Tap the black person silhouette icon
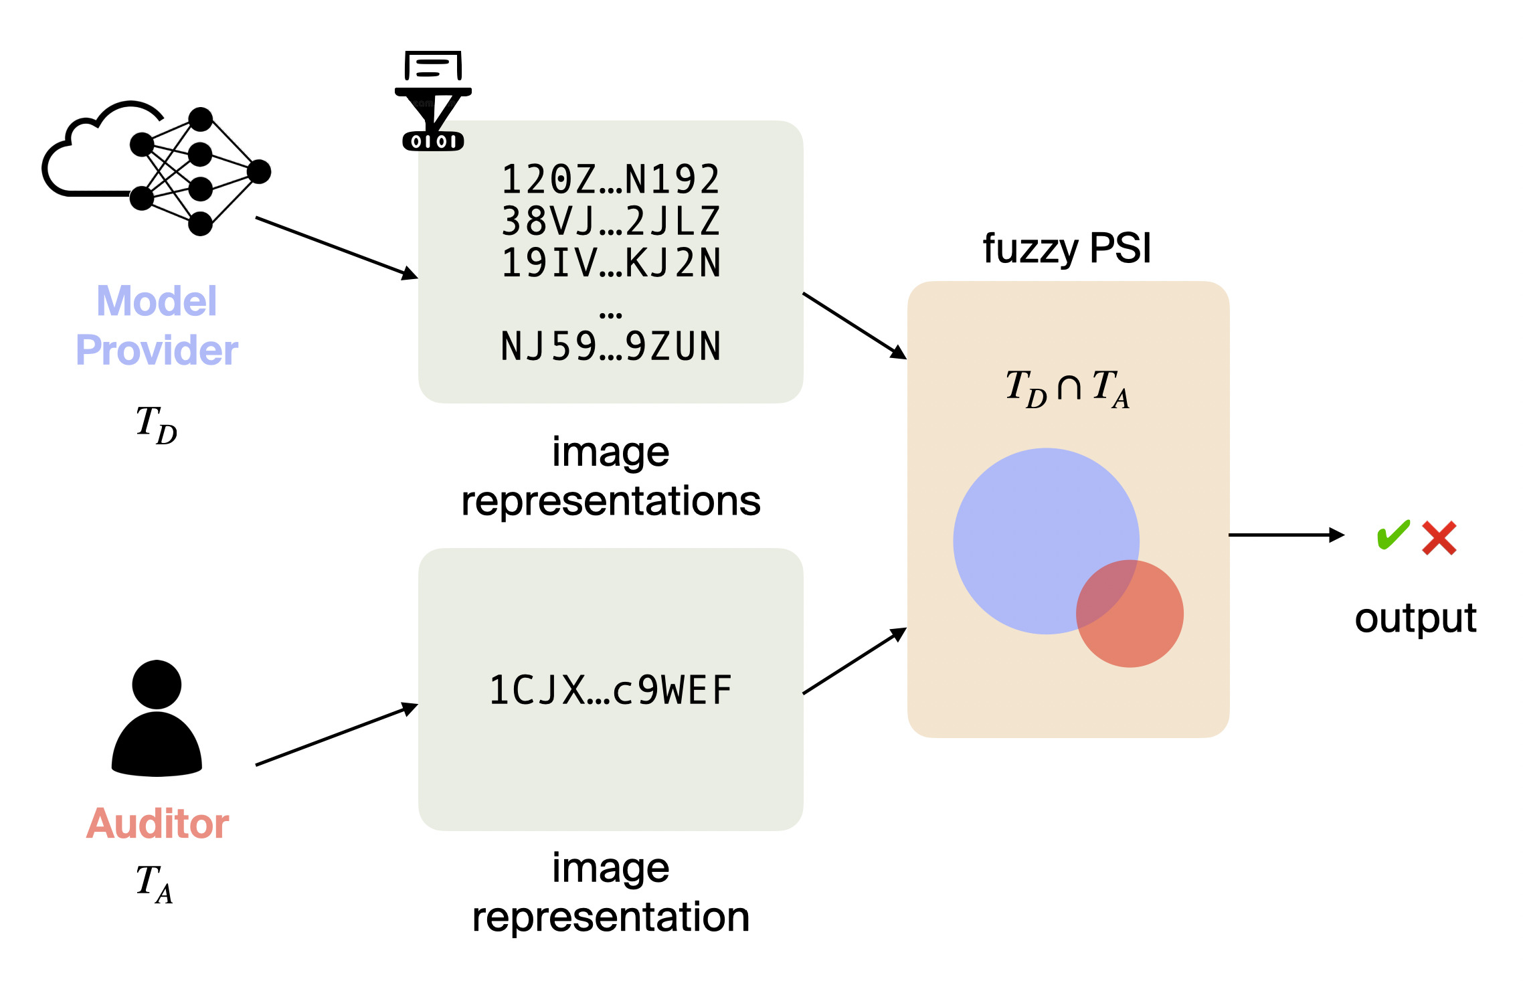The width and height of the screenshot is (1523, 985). [x=157, y=719]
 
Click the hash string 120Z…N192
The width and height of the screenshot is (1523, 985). [x=611, y=179]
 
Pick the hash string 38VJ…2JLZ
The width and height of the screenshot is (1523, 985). [x=611, y=221]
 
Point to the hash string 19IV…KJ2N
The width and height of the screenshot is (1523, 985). [x=611, y=263]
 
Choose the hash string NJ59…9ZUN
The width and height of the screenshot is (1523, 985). [x=611, y=347]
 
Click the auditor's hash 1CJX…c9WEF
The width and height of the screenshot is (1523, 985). [x=611, y=691]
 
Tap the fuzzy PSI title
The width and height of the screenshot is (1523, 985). [x=1067, y=249]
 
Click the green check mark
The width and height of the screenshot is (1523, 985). [x=1393, y=535]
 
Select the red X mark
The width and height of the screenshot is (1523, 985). [x=1439, y=538]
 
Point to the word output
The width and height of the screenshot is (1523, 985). [x=1415, y=618]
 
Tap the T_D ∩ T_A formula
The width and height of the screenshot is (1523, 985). [x=1067, y=388]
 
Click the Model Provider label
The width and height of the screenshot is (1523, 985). [x=157, y=326]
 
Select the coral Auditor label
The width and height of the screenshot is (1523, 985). [x=157, y=823]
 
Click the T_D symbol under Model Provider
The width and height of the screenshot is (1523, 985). [x=156, y=424]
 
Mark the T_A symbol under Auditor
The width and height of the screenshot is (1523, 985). [x=155, y=883]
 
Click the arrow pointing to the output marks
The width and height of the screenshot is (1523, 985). [x=1285, y=535]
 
